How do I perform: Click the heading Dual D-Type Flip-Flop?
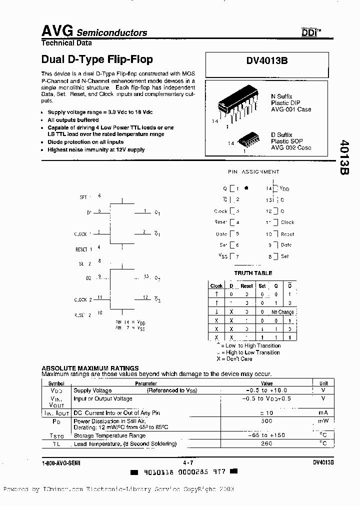(x=96, y=59)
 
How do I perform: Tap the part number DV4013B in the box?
(x=266, y=60)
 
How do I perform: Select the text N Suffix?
(x=281, y=96)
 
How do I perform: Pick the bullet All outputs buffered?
(x=73, y=120)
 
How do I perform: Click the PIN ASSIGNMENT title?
(x=253, y=171)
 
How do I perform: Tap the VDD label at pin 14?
(x=284, y=189)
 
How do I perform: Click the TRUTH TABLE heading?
(x=253, y=273)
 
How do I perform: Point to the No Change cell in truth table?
(x=282, y=312)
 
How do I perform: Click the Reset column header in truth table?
(x=246, y=286)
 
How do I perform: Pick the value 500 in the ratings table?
(x=266, y=421)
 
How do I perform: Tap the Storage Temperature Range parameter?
(x=110, y=435)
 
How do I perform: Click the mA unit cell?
(x=322, y=413)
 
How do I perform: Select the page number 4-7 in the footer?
(x=188, y=463)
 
